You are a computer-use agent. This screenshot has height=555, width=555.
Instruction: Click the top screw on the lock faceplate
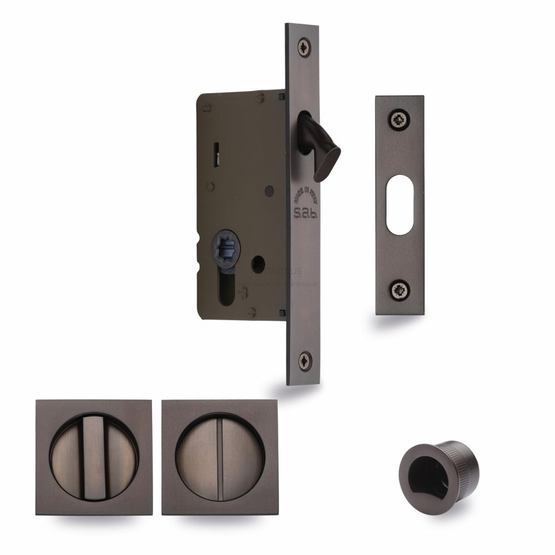304,46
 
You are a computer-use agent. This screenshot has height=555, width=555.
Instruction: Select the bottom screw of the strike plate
398,289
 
